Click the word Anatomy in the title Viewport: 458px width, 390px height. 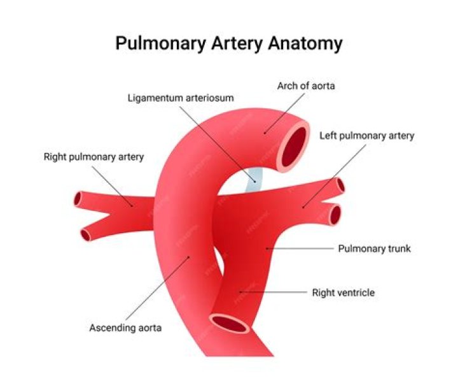pos(305,44)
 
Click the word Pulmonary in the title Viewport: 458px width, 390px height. pos(161,44)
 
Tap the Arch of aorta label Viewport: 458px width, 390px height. pos(306,86)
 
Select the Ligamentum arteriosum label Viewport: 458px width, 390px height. pos(181,98)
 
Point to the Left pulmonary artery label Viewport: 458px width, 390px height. pos(366,136)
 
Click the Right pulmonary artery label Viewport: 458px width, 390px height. pos(94,157)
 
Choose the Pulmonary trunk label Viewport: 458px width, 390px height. pos(374,249)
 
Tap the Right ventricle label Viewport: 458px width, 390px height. pos(343,292)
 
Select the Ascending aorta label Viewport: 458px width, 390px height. pos(125,328)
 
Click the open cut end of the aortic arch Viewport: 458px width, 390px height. pos(294,147)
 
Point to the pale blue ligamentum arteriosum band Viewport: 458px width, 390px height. pos(254,180)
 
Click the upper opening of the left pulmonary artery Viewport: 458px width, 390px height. pos(340,185)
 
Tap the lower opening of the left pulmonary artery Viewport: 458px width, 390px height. pos(335,215)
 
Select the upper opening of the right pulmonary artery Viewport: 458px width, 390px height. pos(78,199)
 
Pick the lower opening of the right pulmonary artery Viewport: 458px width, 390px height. pos(86,235)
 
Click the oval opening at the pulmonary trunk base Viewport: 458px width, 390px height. pos(229,323)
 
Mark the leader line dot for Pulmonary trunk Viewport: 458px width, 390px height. pos(267,249)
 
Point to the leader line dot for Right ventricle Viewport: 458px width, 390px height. pos(240,292)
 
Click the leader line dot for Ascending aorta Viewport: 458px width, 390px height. pos(189,257)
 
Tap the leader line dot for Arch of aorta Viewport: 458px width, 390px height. pos(265,133)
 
